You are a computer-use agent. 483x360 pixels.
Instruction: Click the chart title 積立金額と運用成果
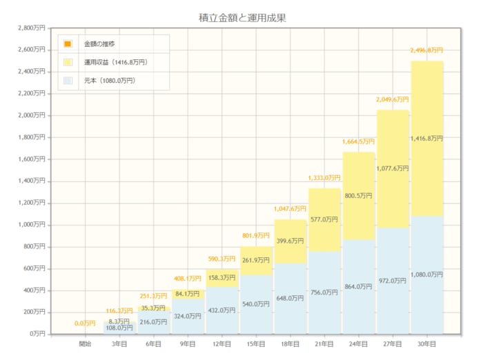(241, 17)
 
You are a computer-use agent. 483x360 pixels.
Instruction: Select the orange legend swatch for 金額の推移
(68, 44)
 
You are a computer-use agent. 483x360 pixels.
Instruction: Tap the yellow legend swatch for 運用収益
(68, 62)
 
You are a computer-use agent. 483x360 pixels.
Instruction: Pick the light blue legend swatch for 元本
(68, 81)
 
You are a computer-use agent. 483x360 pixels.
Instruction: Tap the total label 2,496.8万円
(428, 50)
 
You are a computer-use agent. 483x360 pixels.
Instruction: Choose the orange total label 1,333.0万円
(324, 178)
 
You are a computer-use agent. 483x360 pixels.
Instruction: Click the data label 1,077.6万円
(393, 168)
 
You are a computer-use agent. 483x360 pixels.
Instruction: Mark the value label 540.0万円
(256, 303)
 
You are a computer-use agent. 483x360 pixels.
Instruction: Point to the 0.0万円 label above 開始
(86, 323)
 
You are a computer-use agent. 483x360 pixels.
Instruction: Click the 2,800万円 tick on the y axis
(32, 28)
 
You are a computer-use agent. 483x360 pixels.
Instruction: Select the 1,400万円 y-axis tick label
(32, 181)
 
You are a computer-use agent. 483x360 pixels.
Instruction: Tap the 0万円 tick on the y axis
(36, 334)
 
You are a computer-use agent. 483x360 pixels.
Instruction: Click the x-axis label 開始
(86, 343)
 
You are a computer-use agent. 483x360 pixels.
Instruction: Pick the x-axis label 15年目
(256, 343)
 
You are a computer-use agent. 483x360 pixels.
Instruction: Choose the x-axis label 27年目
(393, 343)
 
